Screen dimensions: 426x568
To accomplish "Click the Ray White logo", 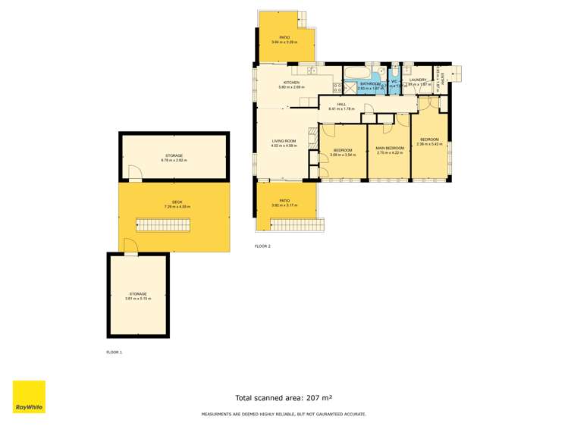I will click(29, 396).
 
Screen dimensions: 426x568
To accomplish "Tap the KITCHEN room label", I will click(291, 83).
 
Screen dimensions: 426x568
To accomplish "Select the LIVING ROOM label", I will click(284, 141).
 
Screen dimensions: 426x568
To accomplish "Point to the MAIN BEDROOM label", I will click(389, 148).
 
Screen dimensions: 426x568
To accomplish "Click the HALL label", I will click(341, 104).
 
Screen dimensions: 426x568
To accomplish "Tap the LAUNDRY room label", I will click(419, 80).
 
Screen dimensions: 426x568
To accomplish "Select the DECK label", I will click(174, 202).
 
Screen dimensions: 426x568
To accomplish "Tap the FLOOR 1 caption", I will click(114, 352).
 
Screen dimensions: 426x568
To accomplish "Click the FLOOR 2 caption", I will click(262, 246).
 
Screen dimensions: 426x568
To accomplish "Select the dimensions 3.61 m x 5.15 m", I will click(138, 299).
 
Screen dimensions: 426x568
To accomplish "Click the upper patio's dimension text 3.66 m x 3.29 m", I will click(284, 42).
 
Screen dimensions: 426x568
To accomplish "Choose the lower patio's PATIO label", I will click(284, 200).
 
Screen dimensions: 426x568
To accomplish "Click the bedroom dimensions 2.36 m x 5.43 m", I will click(430, 144).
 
